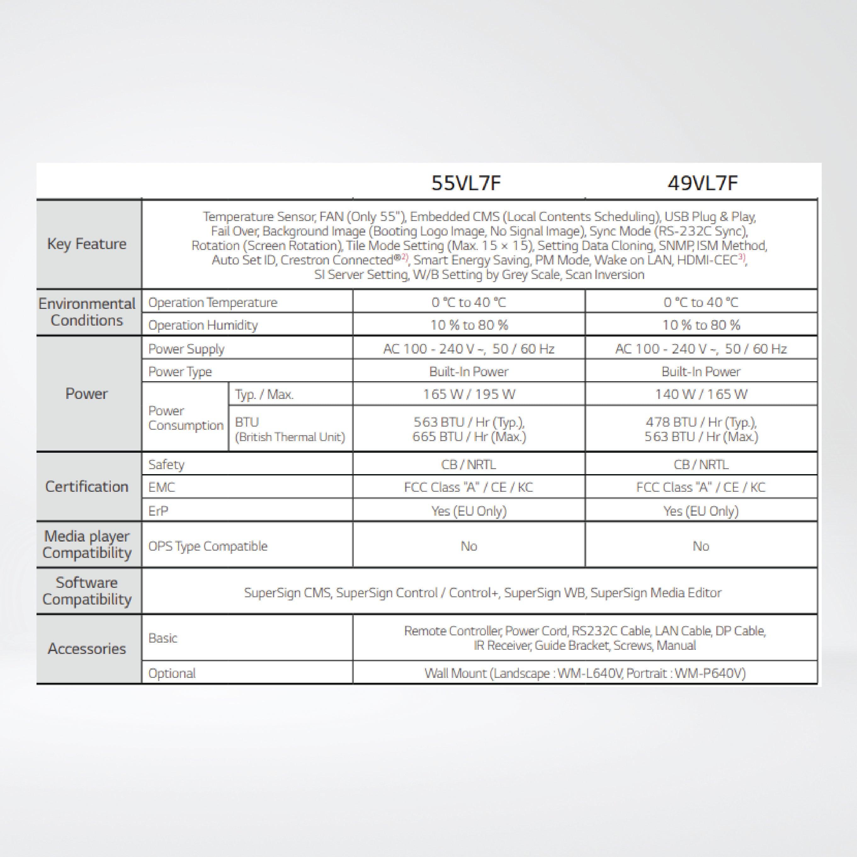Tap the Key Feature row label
pos(87,244)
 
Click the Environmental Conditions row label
pos(87,312)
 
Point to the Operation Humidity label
pos(203,325)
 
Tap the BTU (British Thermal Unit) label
pos(290,429)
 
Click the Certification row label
pos(87,487)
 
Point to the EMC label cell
pos(162,487)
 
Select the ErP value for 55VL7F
pos(469,511)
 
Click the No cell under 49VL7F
pos(701,546)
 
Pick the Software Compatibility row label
pos(87,591)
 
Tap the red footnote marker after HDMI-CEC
pos(742,257)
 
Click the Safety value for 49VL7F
pos(701,464)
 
